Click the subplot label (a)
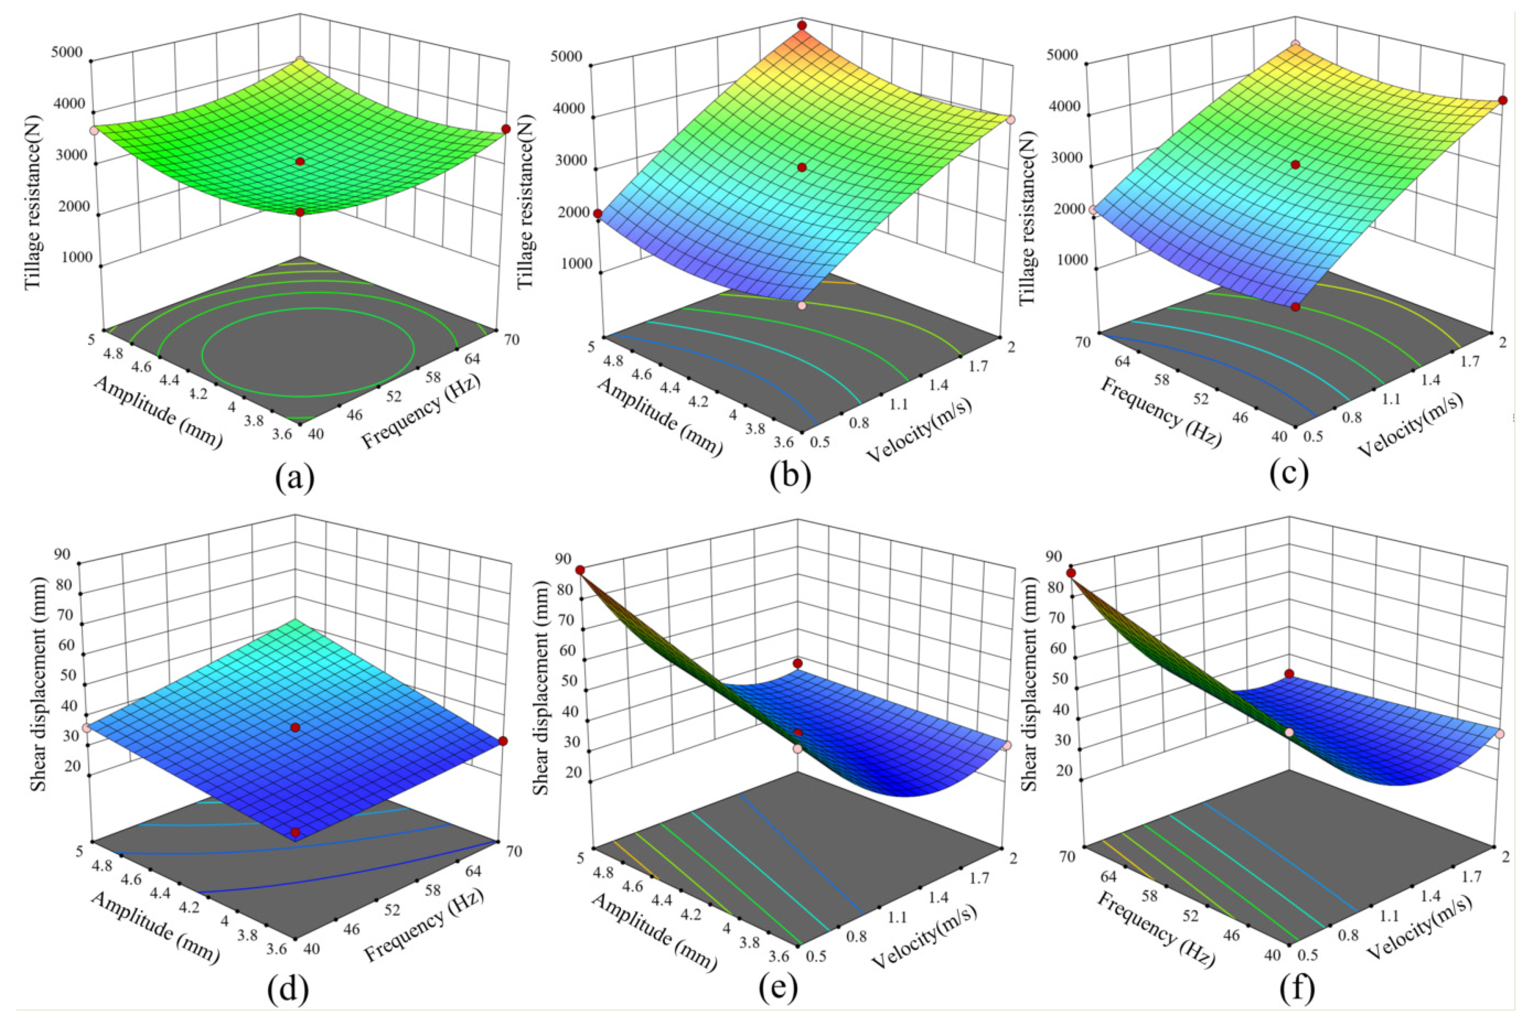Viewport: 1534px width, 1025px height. (x=295, y=479)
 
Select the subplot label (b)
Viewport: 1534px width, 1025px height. (x=790, y=479)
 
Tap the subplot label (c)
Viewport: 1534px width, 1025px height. (x=1290, y=476)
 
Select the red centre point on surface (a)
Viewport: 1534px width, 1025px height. (x=300, y=162)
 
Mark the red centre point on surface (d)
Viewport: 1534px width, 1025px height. (x=295, y=727)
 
